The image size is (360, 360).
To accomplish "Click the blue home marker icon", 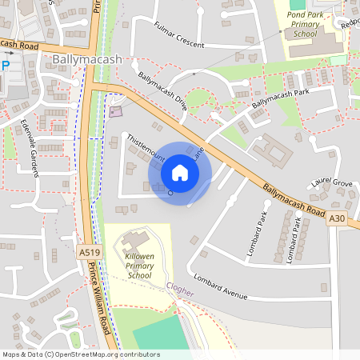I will point(179,173).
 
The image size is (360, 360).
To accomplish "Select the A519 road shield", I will point(90,253).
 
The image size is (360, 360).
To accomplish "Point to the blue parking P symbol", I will point(5,66).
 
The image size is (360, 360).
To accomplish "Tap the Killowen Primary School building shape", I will point(136,239).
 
